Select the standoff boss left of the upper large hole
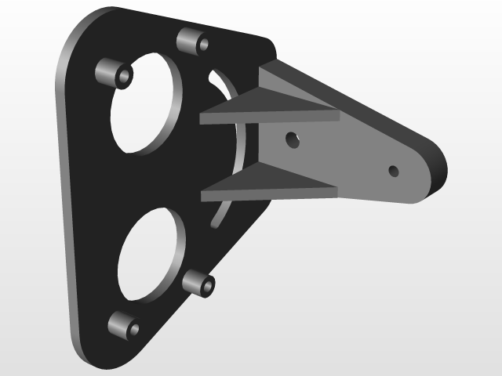point(115,74)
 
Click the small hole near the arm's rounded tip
point(394,170)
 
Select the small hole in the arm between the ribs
point(292,140)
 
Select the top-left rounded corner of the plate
point(82,31)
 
